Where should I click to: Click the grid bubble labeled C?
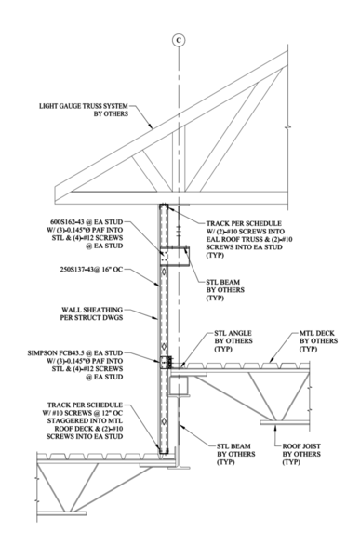(179, 40)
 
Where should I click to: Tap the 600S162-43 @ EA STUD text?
(91, 223)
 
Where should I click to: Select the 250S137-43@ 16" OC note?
(91, 270)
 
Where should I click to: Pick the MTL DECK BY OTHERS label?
(318, 341)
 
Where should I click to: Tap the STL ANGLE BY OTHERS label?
(233, 341)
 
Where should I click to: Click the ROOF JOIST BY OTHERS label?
(301, 454)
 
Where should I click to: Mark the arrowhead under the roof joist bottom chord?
(275, 427)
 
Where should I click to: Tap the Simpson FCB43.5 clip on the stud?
(166, 362)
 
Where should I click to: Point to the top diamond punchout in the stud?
(164, 272)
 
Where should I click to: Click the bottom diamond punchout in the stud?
(164, 421)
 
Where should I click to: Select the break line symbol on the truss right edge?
(287, 126)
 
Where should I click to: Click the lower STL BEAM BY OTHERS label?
(236, 454)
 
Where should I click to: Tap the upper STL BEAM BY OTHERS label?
(225, 290)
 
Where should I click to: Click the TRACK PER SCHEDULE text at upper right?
(244, 223)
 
